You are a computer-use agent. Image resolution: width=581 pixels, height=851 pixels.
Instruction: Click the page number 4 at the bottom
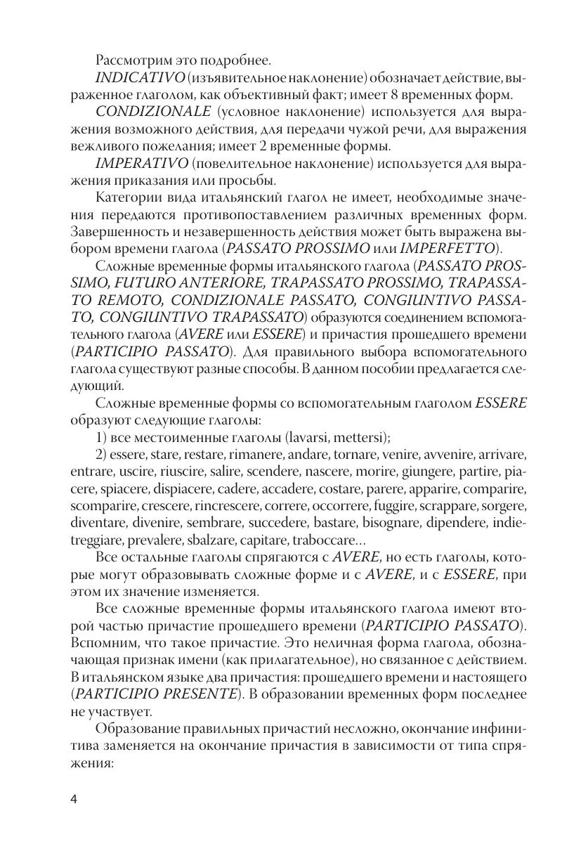click(x=74, y=799)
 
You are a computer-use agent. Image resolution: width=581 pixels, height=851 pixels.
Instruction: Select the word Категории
click(x=129, y=199)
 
